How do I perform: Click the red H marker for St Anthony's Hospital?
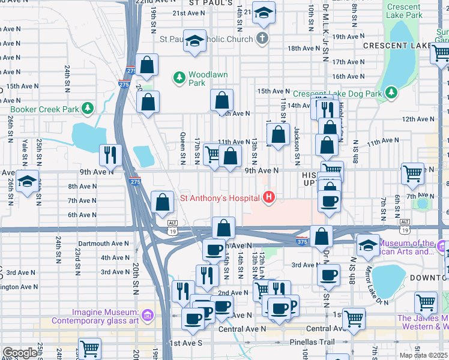[270, 197]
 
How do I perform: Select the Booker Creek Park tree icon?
[88, 108]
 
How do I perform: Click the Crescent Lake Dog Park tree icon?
[391, 92]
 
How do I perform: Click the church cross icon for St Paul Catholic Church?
[261, 39]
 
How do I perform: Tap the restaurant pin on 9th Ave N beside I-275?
[110, 155]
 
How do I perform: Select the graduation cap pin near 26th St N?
[26, 181]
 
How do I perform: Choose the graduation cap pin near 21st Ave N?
[263, 13]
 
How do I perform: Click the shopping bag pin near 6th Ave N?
[162, 202]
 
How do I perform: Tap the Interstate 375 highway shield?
[303, 241]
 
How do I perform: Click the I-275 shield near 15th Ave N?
[124, 85]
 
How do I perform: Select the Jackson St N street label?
[297, 145]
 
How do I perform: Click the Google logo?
[20, 353]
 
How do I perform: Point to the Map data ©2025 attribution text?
[423, 355]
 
